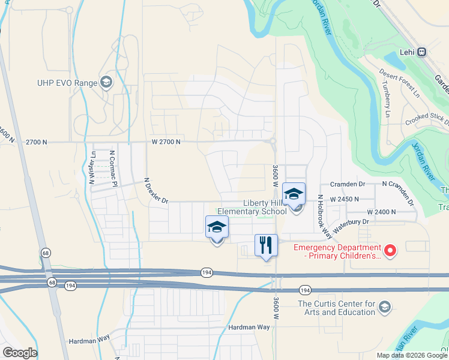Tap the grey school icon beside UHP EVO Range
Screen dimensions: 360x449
107,82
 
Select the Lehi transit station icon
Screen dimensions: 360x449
422,52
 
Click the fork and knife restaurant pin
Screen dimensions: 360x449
266,245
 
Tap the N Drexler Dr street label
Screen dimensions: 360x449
156,191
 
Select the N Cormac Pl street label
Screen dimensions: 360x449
112,166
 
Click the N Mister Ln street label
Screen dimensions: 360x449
92,167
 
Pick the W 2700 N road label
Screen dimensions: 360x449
166,142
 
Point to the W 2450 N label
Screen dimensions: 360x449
345,199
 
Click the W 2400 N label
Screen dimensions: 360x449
381,212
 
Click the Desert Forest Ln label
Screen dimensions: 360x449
399,82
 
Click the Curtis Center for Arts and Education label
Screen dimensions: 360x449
336,308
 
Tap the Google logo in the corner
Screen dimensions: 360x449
20,353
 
